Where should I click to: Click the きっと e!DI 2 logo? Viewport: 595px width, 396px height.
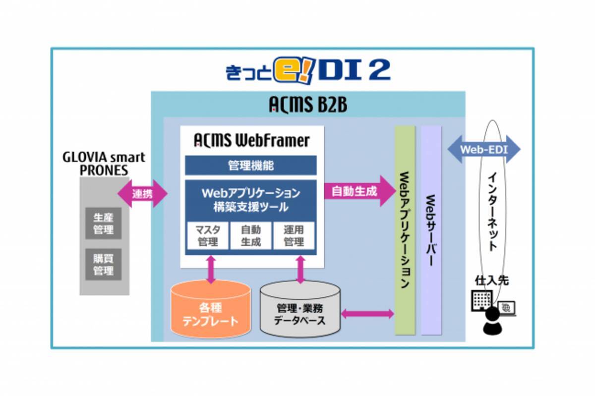pyautogui.click(x=307, y=70)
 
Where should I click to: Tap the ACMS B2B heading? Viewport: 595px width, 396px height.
pyautogui.click(x=307, y=105)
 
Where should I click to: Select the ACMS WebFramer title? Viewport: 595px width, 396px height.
pyautogui.click(x=251, y=141)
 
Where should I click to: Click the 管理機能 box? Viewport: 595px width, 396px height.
pyautogui.click(x=250, y=165)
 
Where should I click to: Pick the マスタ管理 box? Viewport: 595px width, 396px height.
pyautogui.click(x=207, y=235)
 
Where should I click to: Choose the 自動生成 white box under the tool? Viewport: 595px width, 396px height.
pyautogui.click(x=250, y=235)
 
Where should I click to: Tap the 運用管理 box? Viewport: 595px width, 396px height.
pyautogui.click(x=294, y=235)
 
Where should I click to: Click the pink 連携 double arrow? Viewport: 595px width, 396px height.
pyautogui.click(x=142, y=194)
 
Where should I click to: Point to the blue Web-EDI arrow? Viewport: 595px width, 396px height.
pyautogui.click(x=483, y=149)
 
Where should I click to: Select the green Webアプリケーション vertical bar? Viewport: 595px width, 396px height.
pyautogui.click(x=405, y=230)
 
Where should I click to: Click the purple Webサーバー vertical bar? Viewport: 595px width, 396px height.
pyautogui.click(x=431, y=230)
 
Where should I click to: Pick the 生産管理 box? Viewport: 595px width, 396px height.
pyautogui.click(x=103, y=224)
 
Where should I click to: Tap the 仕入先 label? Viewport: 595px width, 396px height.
pyautogui.click(x=491, y=281)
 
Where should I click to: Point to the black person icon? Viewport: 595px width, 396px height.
pyautogui.click(x=492, y=321)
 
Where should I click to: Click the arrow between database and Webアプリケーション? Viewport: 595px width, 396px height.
pyautogui.click(x=367, y=314)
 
